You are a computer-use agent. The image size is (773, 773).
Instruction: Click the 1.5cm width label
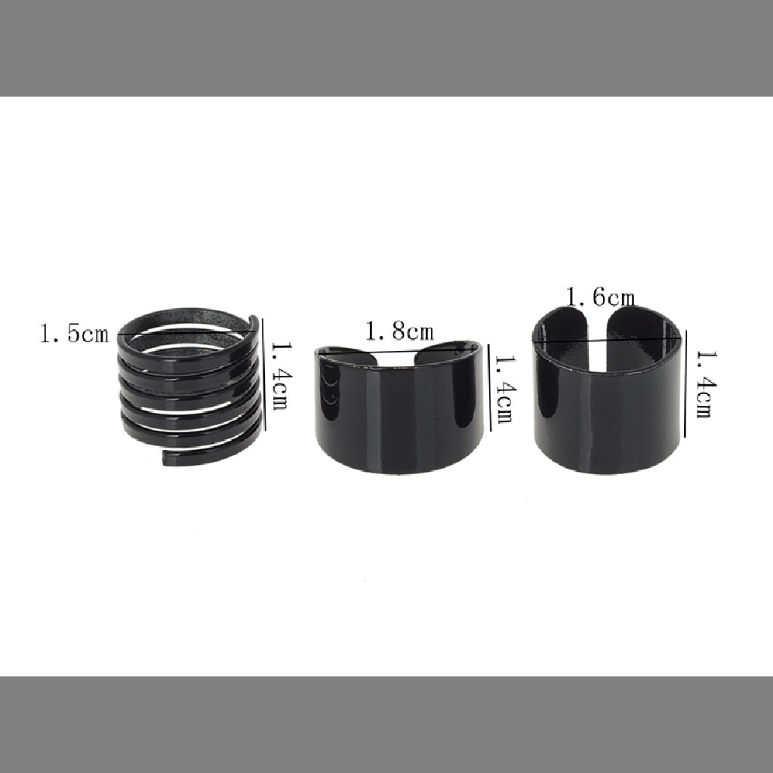tap(74, 333)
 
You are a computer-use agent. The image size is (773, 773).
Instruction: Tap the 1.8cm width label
tap(399, 331)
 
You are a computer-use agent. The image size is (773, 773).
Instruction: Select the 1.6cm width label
tap(599, 297)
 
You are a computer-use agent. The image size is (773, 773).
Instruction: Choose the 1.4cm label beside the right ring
tap(706, 384)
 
